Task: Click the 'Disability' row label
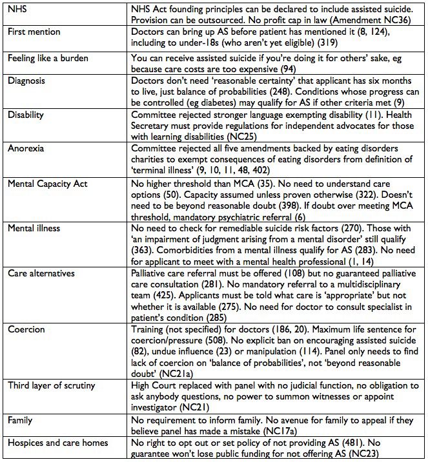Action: click(26, 114)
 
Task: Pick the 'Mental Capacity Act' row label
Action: click(46, 184)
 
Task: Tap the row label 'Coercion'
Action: click(26, 329)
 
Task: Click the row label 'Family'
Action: click(21, 420)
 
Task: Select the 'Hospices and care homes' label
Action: click(57, 443)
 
